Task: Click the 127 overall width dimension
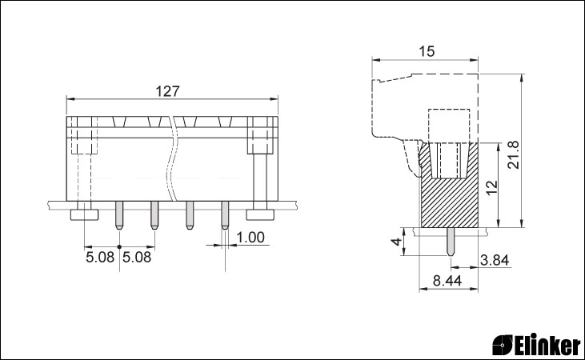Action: pyautogui.click(x=167, y=91)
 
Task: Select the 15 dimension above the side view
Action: pyautogui.click(x=427, y=51)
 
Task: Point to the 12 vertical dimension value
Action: pyautogui.click(x=492, y=187)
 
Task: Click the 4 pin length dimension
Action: pyautogui.click(x=397, y=242)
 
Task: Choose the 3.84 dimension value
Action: pyautogui.click(x=495, y=260)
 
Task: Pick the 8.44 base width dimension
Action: pyautogui.click(x=447, y=281)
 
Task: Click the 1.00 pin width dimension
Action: pyautogui.click(x=250, y=238)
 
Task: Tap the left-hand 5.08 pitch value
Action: pyautogui.click(x=100, y=257)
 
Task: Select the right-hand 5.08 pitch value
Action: pyautogui.click(x=138, y=257)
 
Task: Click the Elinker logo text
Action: pyautogui.click(x=548, y=344)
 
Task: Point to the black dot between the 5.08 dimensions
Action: pyautogui.click(x=119, y=246)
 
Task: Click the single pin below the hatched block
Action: pyautogui.click(x=451, y=242)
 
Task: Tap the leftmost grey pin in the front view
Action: pyautogui.click(x=119, y=215)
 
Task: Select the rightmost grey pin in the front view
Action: pyautogui.click(x=225, y=215)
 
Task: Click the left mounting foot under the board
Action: pyautogui.click(x=84, y=214)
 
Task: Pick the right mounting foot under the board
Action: pyautogui.click(x=260, y=214)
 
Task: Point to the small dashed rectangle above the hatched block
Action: pyautogui.click(x=448, y=126)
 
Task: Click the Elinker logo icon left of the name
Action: pyautogui.click(x=503, y=344)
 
